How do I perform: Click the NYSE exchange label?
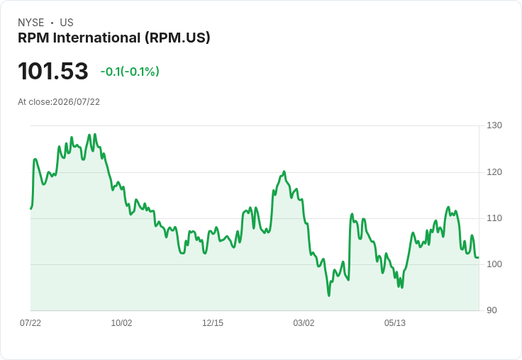coord(31,23)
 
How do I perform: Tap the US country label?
coord(67,23)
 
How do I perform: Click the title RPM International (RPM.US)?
coord(114,38)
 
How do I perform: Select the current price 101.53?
coord(53,71)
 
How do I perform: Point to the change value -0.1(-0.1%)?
coord(130,72)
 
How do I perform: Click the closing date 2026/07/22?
coord(76,102)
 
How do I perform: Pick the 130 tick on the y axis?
coord(494,125)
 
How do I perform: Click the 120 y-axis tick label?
coord(494,172)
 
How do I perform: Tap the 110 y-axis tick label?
coord(494,218)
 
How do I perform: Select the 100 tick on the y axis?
coord(494,264)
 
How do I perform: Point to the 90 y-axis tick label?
coord(492,310)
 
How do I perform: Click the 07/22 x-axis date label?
coord(30,323)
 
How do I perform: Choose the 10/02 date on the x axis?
coord(121,323)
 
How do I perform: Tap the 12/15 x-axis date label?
coord(213,323)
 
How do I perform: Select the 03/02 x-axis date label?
coord(304,323)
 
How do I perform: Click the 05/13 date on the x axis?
coord(395,323)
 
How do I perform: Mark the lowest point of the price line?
coord(329,296)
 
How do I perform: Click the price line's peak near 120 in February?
coord(284,171)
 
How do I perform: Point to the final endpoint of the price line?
coord(479,257)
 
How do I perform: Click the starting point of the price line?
coord(31,208)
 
